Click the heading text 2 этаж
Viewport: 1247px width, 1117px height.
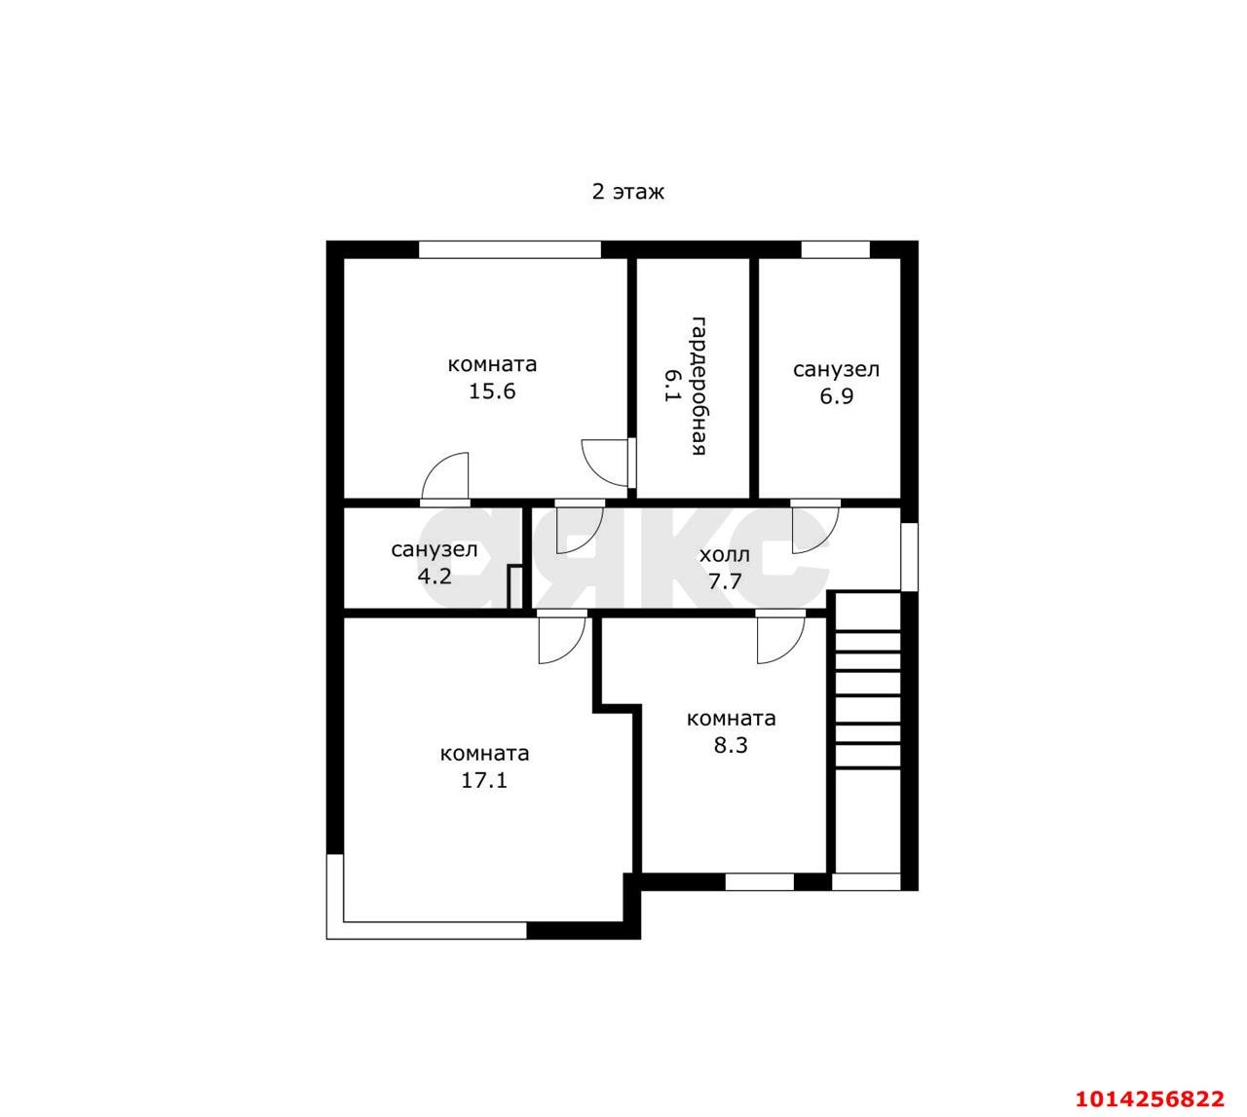click(x=627, y=192)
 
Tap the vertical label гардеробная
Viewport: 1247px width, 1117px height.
click(x=698, y=386)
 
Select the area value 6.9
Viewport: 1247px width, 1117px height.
click(x=836, y=395)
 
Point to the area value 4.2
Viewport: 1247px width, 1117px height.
click(x=435, y=577)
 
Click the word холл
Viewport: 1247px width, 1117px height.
click(x=725, y=555)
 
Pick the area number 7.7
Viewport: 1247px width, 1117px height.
click(x=725, y=581)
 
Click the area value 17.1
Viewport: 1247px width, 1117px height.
click(x=484, y=780)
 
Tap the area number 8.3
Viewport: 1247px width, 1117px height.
click(x=731, y=745)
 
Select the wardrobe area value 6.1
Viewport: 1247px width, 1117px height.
click(x=671, y=386)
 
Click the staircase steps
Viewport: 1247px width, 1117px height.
click(x=867, y=681)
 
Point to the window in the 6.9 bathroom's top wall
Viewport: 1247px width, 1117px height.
click(x=835, y=249)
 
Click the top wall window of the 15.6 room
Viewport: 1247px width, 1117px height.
click(x=510, y=249)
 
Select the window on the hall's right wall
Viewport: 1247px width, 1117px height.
click(x=910, y=557)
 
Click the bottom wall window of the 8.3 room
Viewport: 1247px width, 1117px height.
click(x=760, y=881)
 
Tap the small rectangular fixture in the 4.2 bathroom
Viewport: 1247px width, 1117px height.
click(x=515, y=587)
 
